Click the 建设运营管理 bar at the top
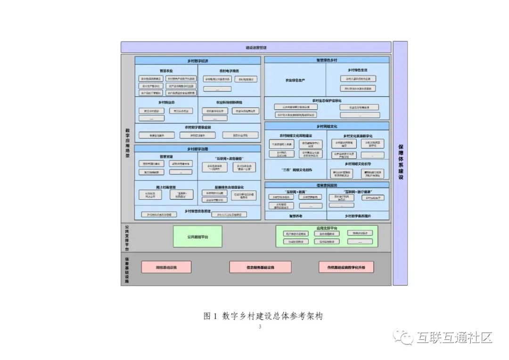(256, 48)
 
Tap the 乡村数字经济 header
(197, 61)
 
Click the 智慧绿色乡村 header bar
(327, 60)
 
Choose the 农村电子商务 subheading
(229, 71)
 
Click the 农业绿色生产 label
(295, 81)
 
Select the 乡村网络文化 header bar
(327, 126)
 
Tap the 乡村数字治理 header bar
(197, 149)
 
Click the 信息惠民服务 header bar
(327, 185)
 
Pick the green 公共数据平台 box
(197, 237)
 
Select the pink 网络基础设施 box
(166, 267)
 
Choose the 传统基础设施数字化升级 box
(350, 267)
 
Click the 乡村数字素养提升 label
(358, 216)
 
